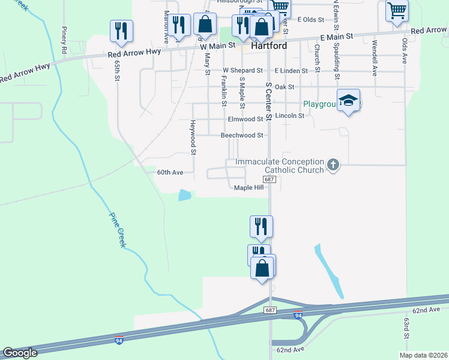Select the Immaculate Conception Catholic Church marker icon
click(334, 164)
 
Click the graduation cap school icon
click(348, 101)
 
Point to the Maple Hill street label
click(249, 188)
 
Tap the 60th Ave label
click(170, 172)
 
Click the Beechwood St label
click(242, 136)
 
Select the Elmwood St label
click(246, 119)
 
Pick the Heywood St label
click(193, 137)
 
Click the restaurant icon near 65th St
click(121, 31)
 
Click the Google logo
click(20, 353)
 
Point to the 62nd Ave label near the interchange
click(291, 349)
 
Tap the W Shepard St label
click(243, 71)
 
